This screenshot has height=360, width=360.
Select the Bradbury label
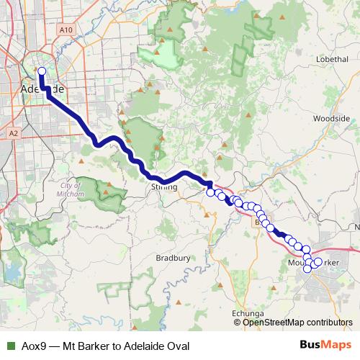[x=173, y=257]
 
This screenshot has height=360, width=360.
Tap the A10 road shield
[x=66, y=30]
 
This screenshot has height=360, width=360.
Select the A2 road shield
[x=13, y=133]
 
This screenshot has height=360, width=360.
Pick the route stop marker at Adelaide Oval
[x=41, y=71]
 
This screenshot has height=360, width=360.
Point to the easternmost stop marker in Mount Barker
[x=318, y=261]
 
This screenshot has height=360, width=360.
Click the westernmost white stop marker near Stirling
[x=210, y=192]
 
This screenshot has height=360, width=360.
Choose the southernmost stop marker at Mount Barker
[x=309, y=269]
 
